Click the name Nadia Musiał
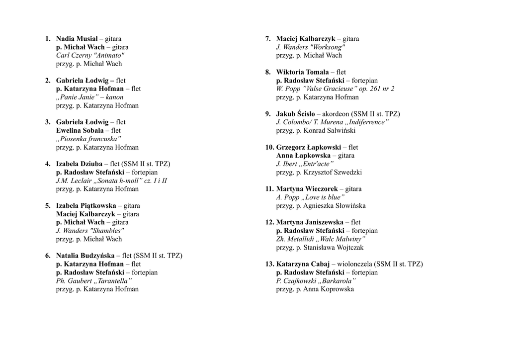click(77, 39)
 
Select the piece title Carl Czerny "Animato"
click(90, 55)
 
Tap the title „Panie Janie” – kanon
click(89, 97)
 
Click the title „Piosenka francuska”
click(88, 139)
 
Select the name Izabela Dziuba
click(79, 164)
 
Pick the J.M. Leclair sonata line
click(111, 180)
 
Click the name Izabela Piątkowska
click(85, 205)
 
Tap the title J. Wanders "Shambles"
click(89, 231)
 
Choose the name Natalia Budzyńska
click(85, 256)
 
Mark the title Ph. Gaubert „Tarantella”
click(94, 280)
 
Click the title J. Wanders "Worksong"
click(311, 47)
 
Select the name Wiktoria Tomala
click(302, 72)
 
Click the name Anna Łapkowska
click(303, 156)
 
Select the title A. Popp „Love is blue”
click(311, 197)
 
